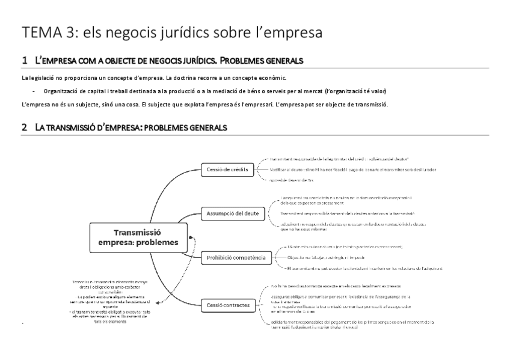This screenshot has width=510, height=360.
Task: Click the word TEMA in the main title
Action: tap(40, 34)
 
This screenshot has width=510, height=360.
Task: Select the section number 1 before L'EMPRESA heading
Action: tap(24, 61)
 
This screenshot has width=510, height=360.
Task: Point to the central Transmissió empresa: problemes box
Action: tap(138, 237)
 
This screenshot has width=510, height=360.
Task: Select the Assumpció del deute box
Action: tap(233, 213)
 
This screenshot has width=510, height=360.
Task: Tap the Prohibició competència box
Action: tap(236, 257)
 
